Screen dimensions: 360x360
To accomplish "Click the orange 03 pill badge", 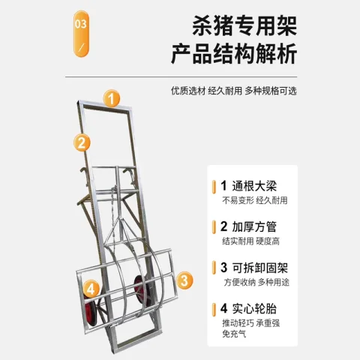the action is [x=81, y=33].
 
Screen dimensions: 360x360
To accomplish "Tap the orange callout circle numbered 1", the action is [x=112, y=98].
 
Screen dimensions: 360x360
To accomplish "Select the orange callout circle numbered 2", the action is [x=82, y=142].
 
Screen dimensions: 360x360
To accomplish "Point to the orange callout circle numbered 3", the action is [x=184, y=280].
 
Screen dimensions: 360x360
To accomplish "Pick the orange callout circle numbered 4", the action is [x=91, y=289].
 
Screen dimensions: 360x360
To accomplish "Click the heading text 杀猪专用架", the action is [x=244, y=25].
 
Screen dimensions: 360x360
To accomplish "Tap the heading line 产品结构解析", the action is [x=234, y=54].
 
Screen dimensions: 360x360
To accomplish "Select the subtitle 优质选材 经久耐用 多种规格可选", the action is [x=234, y=91].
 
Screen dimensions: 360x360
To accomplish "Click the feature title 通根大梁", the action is [x=254, y=186].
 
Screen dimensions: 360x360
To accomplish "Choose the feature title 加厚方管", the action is [x=254, y=226].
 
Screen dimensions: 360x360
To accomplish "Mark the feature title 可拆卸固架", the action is [x=260, y=268].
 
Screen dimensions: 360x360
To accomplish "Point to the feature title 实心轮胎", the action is [x=254, y=308].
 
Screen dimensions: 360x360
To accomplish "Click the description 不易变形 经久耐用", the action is [x=255, y=200].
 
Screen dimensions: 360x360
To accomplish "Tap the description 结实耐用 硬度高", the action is [x=250, y=241].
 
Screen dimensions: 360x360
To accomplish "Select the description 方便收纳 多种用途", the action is [x=256, y=282].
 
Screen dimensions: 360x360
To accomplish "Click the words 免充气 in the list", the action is [x=234, y=334].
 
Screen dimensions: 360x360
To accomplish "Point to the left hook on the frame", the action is [x=83, y=175].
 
